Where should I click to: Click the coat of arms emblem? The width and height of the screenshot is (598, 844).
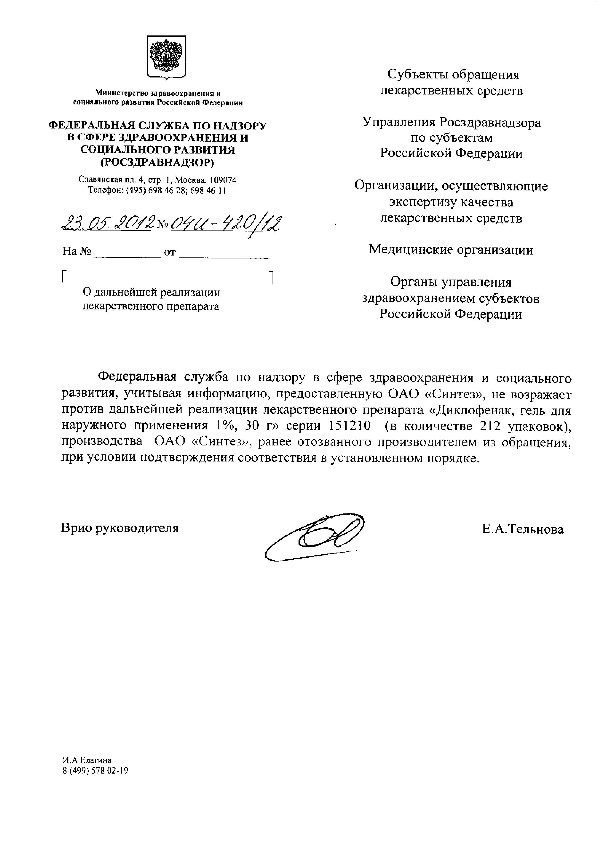(x=167, y=57)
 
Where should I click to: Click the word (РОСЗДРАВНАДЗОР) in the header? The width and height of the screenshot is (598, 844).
(x=158, y=162)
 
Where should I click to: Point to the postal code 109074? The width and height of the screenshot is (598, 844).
(x=223, y=180)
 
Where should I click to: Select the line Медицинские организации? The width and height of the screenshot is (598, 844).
(x=451, y=250)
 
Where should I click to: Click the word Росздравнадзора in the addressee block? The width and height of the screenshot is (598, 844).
(x=490, y=122)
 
